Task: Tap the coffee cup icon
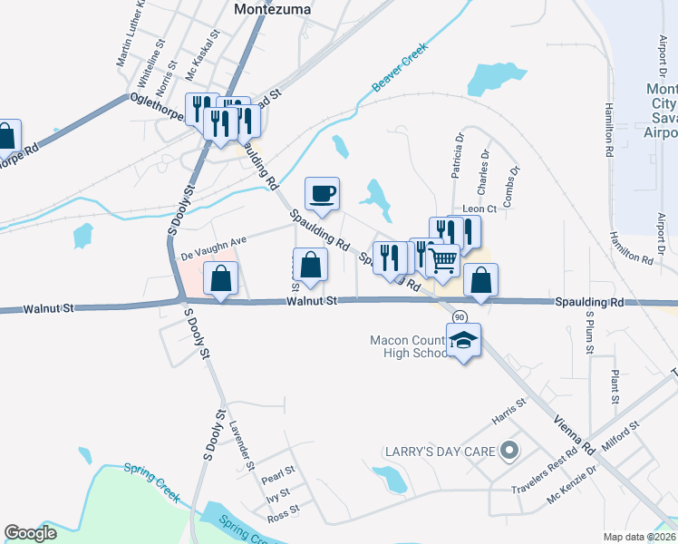pyautogui.click(x=324, y=192)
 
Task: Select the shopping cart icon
pyautogui.click(x=442, y=260)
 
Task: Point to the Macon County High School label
pyautogui.click(x=411, y=346)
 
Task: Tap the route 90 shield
pyautogui.click(x=460, y=316)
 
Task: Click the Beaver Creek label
pyautogui.click(x=399, y=73)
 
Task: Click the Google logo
pyautogui.click(x=30, y=533)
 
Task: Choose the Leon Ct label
pyautogui.click(x=479, y=209)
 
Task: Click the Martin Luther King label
pyautogui.click(x=131, y=34)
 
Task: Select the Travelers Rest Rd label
pyautogui.click(x=544, y=466)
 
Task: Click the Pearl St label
pyautogui.click(x=278, y=472)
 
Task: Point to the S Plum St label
pyautogui.click(x=589, y=333)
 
